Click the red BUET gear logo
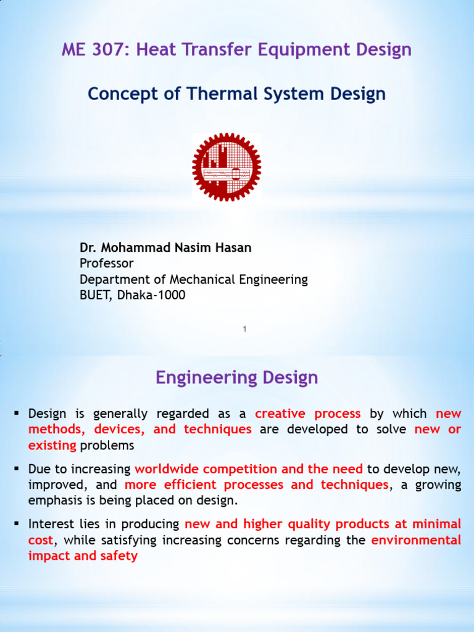point(227,167)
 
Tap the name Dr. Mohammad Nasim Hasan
point(165,247)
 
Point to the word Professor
point(107,264)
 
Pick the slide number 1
point(244,330)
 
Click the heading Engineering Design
point(237,377)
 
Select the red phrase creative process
point(308,414)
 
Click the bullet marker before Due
point(17,468)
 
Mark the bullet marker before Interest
point(17,524)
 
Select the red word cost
point(41,540)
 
